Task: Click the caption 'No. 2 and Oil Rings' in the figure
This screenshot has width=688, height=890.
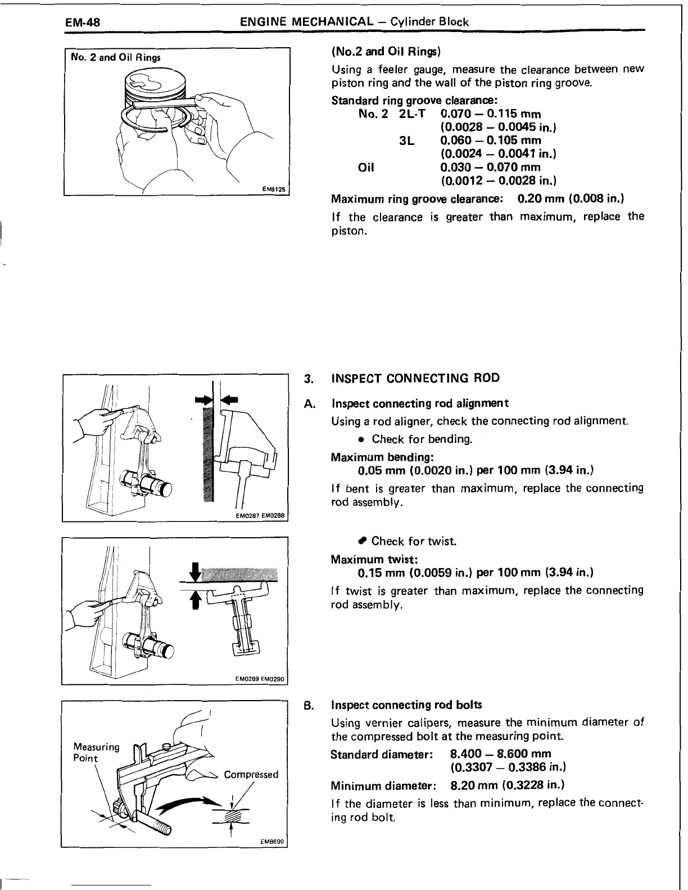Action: [x=115, y=58]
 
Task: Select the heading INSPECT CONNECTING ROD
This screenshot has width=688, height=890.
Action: [x=415, y=378]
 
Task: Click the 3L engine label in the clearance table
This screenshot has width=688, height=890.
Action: [x=406, y=140]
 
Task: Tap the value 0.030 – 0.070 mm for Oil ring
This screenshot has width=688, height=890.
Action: [x=490, y=167]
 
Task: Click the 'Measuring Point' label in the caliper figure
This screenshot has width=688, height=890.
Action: [x=96, y=752]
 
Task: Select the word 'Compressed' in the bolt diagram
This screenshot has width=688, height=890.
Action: [x=251, y=775]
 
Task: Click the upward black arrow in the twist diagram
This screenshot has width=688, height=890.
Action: [x=195, y=600]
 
